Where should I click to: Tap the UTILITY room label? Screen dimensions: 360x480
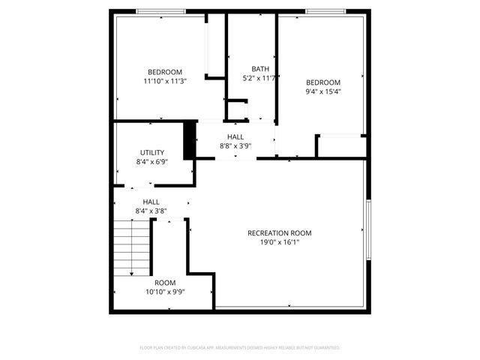point(151,153)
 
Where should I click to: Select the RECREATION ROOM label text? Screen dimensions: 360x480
point(279,233)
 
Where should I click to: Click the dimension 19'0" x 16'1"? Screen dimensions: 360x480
point(279,243)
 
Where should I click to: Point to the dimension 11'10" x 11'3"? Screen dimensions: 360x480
point(165,81)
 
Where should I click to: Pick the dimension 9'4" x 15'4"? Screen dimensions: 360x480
point(323,91)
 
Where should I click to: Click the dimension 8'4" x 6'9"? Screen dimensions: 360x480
point(151,162)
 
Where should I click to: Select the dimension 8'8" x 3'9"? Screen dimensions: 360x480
point(235,146)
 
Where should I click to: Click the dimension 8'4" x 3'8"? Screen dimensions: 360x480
point(151,211)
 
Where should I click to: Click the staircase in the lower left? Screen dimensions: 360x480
point(131,249)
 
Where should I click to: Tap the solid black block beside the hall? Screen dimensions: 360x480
point(190,139)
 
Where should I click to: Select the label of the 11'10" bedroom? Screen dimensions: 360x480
point(165,72)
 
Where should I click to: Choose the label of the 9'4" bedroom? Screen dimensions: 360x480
point(323,82)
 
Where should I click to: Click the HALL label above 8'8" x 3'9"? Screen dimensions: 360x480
point(235,137)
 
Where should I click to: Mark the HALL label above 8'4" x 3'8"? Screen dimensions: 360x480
point(151,202)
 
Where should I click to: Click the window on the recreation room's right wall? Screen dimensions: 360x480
point(368,229)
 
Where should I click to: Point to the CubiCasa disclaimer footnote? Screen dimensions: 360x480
point(240,348)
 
